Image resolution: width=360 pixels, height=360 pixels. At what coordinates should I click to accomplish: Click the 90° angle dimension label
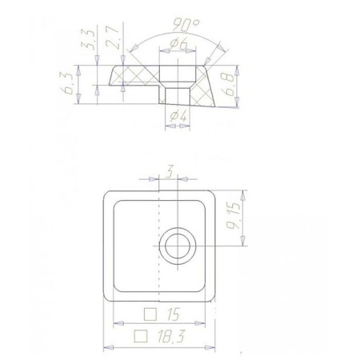tap(186, 25)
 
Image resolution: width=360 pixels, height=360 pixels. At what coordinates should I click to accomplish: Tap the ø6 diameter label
tap(179, 44)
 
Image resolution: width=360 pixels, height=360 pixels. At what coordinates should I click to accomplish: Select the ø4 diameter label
tap(178, 116)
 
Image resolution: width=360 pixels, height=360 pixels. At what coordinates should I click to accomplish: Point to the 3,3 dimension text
tap(88, 39)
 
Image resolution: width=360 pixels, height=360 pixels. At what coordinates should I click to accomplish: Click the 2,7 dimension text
tap(113, 38)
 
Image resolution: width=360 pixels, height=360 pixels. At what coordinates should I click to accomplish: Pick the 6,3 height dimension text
tap(67, 84)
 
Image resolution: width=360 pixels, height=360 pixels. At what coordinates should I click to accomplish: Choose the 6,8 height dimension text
tap(228, 85)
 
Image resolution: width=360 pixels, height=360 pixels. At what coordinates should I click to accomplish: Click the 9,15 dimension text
tap(234, 216)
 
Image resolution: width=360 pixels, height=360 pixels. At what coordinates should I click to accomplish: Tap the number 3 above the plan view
tap(170, 171)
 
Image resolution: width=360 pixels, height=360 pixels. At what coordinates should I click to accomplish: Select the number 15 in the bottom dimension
tap(173, 314)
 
